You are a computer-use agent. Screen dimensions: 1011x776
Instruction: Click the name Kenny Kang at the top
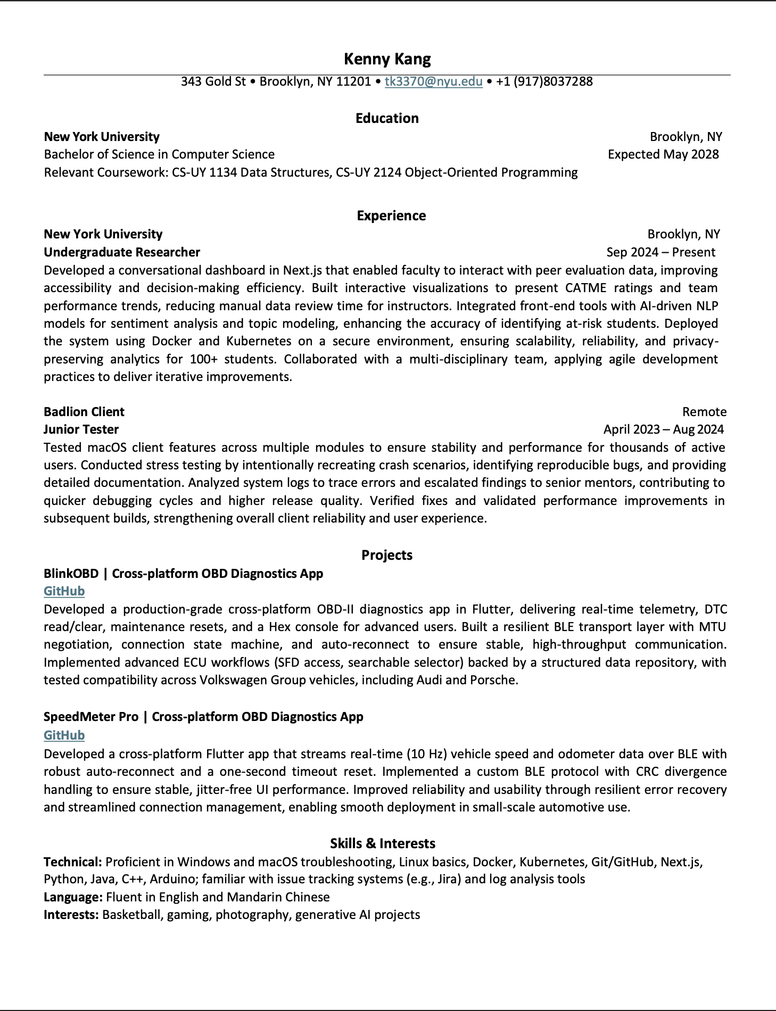coord(387,59)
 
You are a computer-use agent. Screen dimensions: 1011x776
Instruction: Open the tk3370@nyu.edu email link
coord(433,81)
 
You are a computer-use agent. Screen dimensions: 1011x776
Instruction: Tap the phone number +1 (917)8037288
coord(544,81)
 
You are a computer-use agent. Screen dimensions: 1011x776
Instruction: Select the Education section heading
coord(387,118)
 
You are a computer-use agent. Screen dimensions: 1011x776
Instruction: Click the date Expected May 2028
coord(663,154)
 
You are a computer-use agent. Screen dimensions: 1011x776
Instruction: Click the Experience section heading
coord(391,216)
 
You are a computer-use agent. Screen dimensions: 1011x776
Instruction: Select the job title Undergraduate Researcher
coord(122,252)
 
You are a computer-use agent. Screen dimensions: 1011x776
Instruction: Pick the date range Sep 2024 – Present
coord(661,252)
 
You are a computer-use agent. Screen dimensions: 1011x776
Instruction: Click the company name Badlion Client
coord(84,412)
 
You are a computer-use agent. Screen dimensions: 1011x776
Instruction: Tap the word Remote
coord(704,412)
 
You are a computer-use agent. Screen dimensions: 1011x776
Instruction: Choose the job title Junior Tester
coord(81,429)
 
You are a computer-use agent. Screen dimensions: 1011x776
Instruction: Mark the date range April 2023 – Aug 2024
coord(663,429)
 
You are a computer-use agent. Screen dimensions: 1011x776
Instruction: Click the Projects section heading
coord(387,555)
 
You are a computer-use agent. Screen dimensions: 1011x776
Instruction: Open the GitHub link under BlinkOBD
coord(64,591)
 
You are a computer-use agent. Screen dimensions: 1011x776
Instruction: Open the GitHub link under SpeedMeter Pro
coord(64,735)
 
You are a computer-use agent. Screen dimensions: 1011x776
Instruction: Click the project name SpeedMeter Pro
coord(91,717)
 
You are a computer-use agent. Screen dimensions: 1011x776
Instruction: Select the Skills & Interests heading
coord(382,843)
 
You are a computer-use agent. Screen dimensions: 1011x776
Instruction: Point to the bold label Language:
coord(73,897)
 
